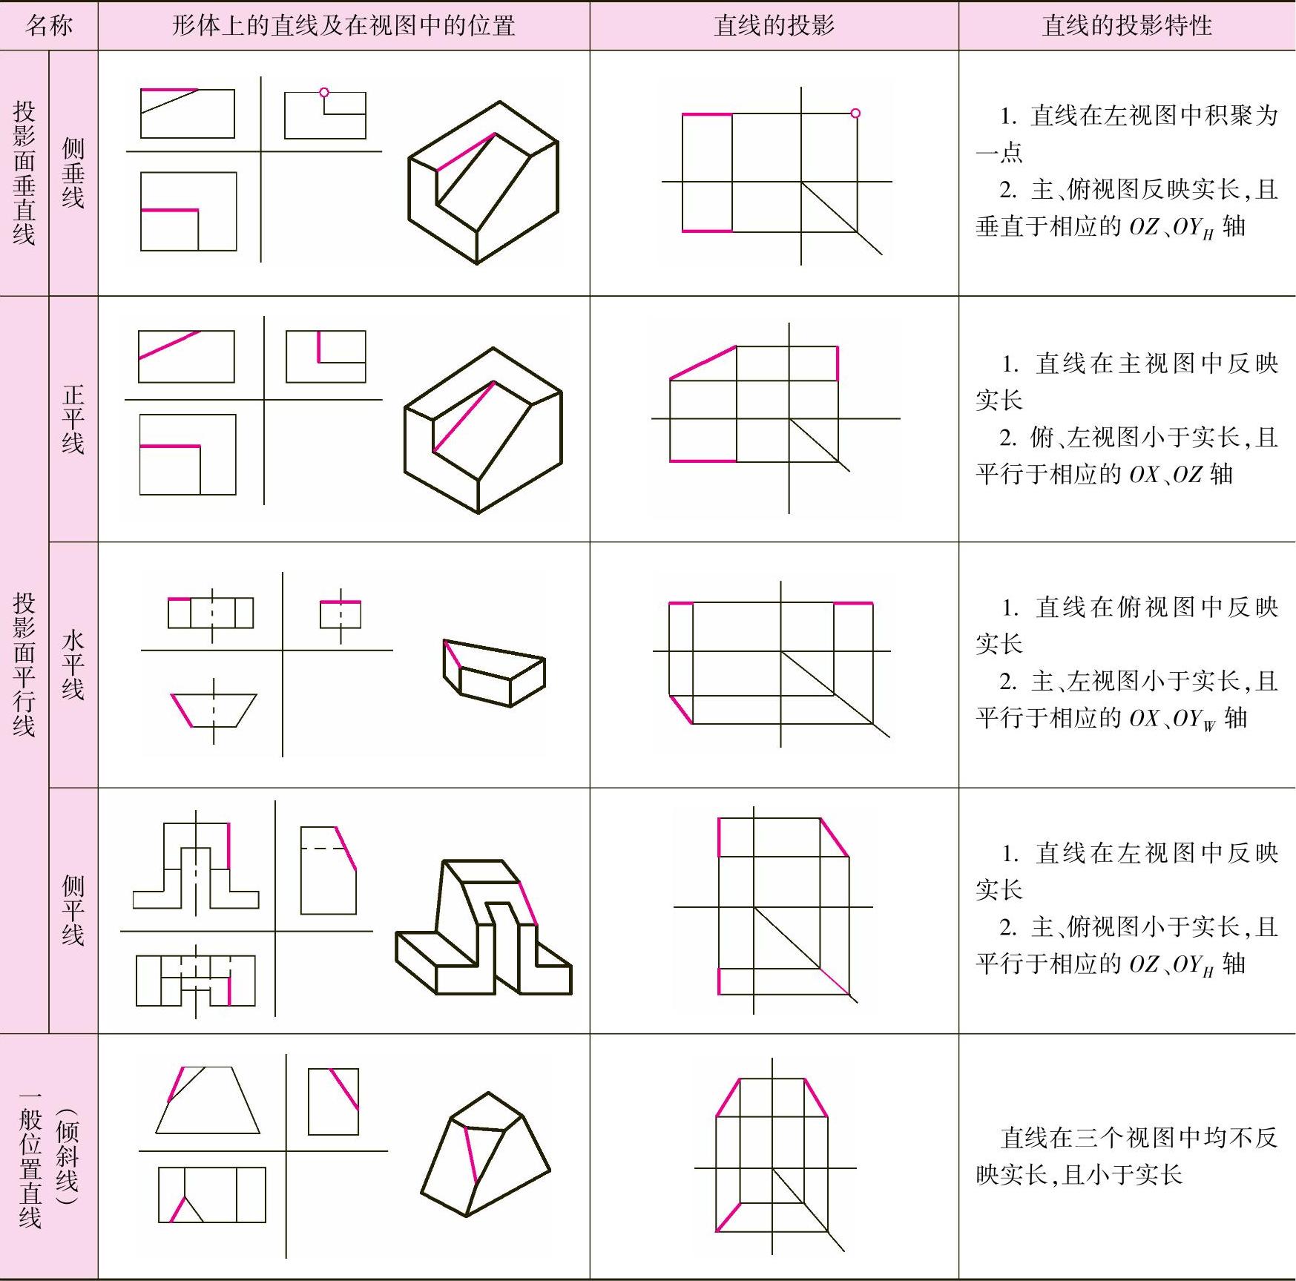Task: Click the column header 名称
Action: [x=49, y=26]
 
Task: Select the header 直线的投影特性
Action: [x=1126, y=26]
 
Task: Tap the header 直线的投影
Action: [x=774, y=26]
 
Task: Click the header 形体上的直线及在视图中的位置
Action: [x=343, y=26]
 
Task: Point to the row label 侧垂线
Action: [x=73, y=173]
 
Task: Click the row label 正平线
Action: [x=73, y=419]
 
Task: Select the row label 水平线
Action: [x=73, y=665]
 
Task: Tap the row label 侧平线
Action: [x=73, y=910]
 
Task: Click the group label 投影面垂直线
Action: [x=24, y=173]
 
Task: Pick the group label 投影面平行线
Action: [x=24, y=665]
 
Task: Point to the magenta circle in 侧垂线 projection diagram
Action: [x=855, y=113]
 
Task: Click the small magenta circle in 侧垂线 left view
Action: [x=324, y=93]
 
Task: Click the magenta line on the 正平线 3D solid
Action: [x=464, y=417]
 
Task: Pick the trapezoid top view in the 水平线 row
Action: [x=214, y=711]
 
